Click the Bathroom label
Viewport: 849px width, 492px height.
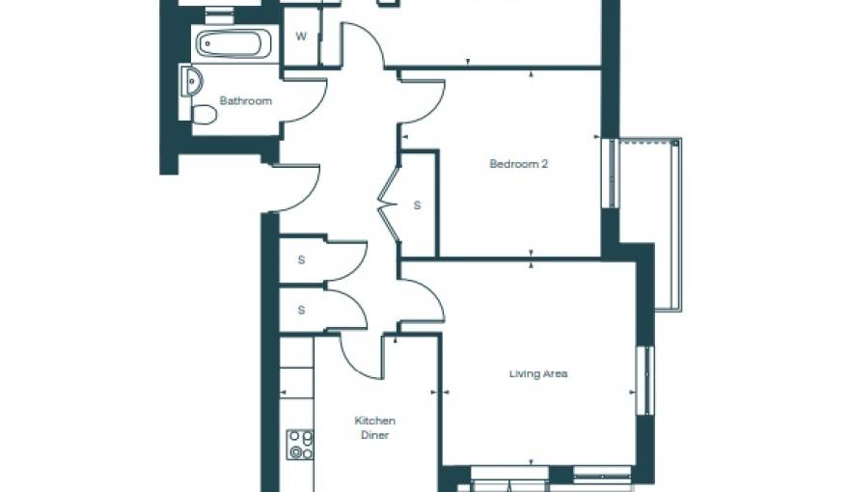(x=245, y=100)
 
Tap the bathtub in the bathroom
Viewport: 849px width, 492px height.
(x=235, y=43)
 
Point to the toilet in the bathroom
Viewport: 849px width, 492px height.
(x=204, y=115)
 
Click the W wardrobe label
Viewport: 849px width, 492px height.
(x=300, y=38)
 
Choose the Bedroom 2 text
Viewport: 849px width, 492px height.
(x=518, y=164)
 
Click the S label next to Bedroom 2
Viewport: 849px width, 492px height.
(x=417, y=205)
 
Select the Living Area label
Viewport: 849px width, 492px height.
(x=538, y=373)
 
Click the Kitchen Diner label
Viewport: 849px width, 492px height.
(x=374, y=427)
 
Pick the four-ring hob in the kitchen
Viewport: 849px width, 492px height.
(x=300, y=445)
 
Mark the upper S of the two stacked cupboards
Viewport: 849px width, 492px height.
(x=301, y=260)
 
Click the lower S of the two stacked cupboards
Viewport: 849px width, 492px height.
(x=301, y=310)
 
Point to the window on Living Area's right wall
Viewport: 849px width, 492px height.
(x=644, y=380)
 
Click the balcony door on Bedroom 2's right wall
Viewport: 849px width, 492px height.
(x=611, y=174)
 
